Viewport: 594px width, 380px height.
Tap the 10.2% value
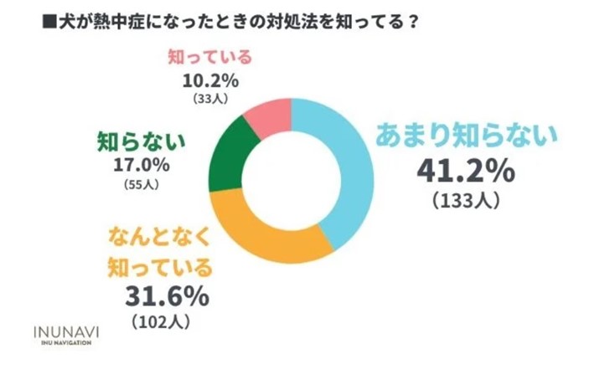click(x=210, y=82)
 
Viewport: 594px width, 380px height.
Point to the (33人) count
click(x=209, y=99)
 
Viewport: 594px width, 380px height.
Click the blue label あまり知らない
click(x=465, y=135)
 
